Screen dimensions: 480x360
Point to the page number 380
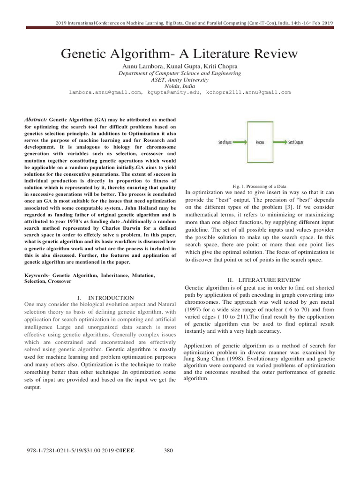click(169, 451)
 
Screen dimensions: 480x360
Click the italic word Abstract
click(36, 120)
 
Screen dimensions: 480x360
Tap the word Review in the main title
click(275, 54)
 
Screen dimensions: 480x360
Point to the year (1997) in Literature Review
click(195, 309)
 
